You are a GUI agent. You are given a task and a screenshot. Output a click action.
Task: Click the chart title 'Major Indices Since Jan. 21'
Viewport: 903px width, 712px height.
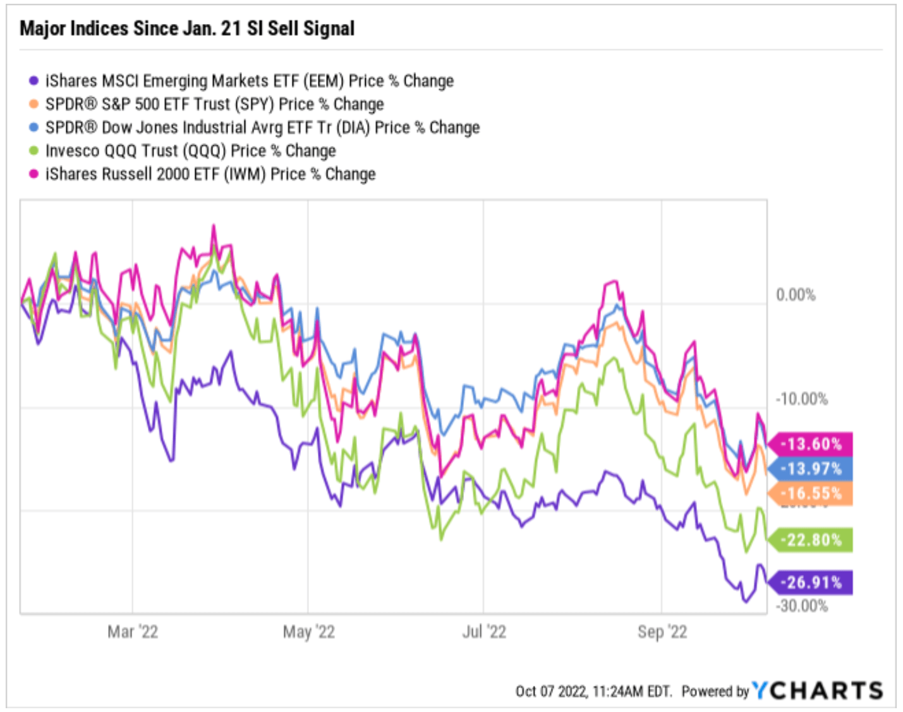click(x=187, y=28)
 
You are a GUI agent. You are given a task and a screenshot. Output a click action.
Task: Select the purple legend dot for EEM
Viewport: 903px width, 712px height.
click(x=34, y=81)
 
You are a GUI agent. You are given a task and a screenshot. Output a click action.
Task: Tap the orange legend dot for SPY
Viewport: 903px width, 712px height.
click(x=34, y=104)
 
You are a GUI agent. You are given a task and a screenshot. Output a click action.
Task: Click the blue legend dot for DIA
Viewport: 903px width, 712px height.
click(x=34, y=128)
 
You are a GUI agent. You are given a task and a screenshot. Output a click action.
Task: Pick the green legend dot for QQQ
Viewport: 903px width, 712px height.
click(x=34, y=151)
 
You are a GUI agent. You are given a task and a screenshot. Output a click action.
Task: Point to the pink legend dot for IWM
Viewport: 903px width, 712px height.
click(x=34, y=174)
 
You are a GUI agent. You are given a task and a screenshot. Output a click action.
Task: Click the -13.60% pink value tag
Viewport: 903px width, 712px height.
click(x=811, y=444)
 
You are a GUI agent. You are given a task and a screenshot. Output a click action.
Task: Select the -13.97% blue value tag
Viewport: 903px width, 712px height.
click(x=811, y=469)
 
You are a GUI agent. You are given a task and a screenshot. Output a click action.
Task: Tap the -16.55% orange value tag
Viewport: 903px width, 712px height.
click(x=811, y=493)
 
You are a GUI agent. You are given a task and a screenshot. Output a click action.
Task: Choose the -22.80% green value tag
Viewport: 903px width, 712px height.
click(x=811, y=540)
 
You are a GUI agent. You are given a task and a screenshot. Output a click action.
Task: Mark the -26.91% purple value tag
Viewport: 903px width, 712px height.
click(x=811, y=582)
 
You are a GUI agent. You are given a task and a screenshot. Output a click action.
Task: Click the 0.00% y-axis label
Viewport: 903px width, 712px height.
click(x=796, y=295)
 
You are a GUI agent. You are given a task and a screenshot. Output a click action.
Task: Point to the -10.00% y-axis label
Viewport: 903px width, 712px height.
click(x=801, y=399)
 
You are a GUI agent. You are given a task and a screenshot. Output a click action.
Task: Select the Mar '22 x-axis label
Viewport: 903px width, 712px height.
click(x=133, y=632)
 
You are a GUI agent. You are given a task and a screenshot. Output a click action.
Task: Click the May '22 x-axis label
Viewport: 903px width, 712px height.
click(x=308, y=632)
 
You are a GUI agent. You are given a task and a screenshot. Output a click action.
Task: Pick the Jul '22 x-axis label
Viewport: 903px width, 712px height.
click(x=484, y=632)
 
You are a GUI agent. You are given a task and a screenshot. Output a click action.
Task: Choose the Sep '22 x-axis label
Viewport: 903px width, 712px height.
click(x=662, y=632)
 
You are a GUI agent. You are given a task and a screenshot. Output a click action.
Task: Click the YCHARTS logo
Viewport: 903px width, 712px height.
click(x=817, y=691)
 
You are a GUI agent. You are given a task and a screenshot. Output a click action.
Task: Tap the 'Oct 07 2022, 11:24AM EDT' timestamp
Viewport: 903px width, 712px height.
click(x=593, y=691)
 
